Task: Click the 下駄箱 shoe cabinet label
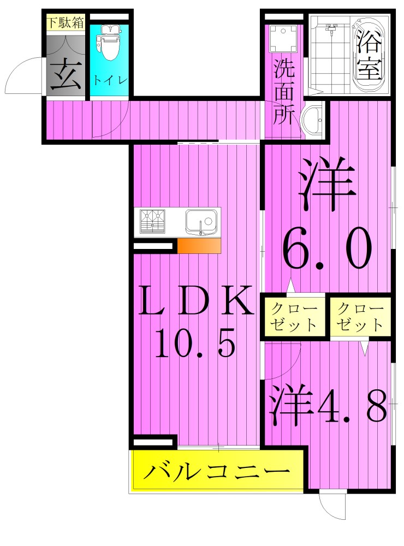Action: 65,23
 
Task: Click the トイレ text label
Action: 110,80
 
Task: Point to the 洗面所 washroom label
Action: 284,92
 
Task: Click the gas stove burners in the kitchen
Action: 153,221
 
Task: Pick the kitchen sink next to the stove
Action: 200,222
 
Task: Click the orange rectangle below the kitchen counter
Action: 199,246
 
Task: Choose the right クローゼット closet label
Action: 360,316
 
